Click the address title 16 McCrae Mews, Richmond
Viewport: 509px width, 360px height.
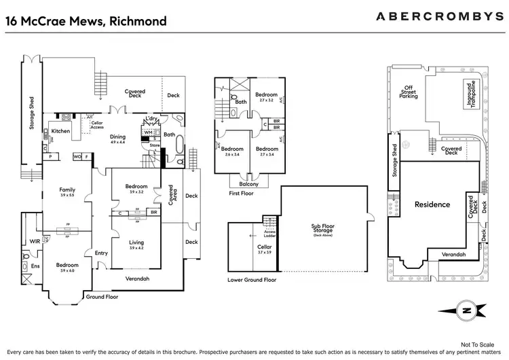[x=86, y=20]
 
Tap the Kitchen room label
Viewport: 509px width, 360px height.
[x=61, y=131]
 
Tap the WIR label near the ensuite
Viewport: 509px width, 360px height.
[x=34, y=241]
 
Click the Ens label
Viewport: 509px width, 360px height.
[x=35, y=266]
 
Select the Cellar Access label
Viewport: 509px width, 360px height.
[x=96, y=124]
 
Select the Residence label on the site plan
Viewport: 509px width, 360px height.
[x=432, y=204]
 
